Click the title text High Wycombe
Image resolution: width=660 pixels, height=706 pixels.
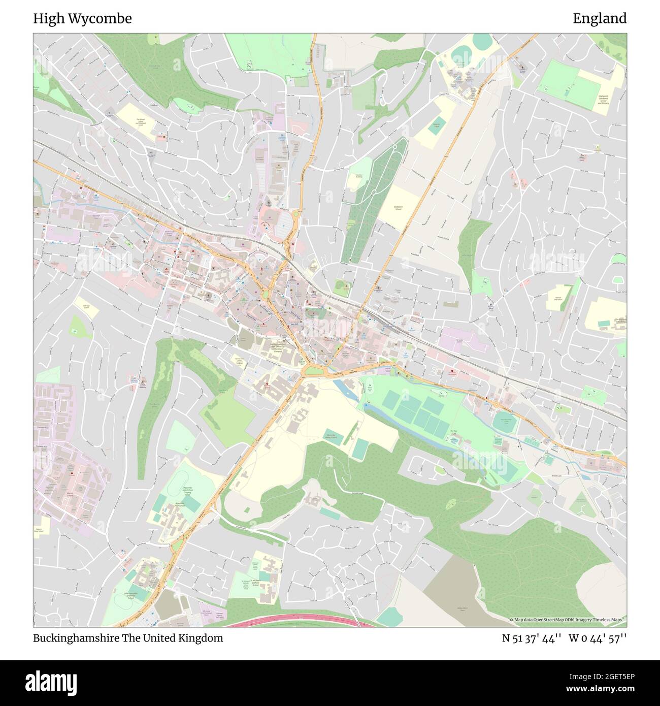click(x=82, y=19)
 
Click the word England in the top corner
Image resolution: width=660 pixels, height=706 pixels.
click(x=600, y=19)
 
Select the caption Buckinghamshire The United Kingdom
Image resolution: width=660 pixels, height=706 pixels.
click(x=128, y=638)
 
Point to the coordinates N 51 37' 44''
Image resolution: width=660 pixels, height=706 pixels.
click(x=532, y=638)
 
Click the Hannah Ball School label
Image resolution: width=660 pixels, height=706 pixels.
click(x=558, y=300)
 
